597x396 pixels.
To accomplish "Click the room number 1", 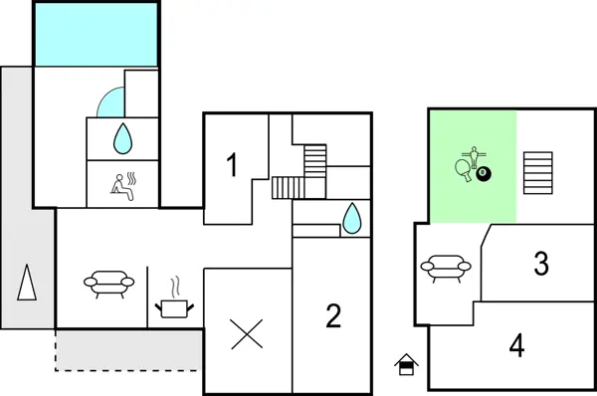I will click(234, 165).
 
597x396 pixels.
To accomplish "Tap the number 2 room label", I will click(334, 316).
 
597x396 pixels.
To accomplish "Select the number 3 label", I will click(541, 264).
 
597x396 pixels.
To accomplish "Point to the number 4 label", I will click(516, 346).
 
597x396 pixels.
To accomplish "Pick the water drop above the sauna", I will click(121, 138).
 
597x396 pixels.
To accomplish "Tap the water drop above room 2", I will click(352, 218).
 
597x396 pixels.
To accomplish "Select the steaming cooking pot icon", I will click(175, 302).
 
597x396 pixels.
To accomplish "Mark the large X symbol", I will click(245, 333).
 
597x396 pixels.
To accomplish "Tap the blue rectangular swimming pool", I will click(97, 34).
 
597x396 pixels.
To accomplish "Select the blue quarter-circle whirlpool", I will click(111, 102).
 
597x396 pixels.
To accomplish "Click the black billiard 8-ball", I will click(485, 176).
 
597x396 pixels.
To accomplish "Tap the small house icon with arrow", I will click(405, 364).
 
